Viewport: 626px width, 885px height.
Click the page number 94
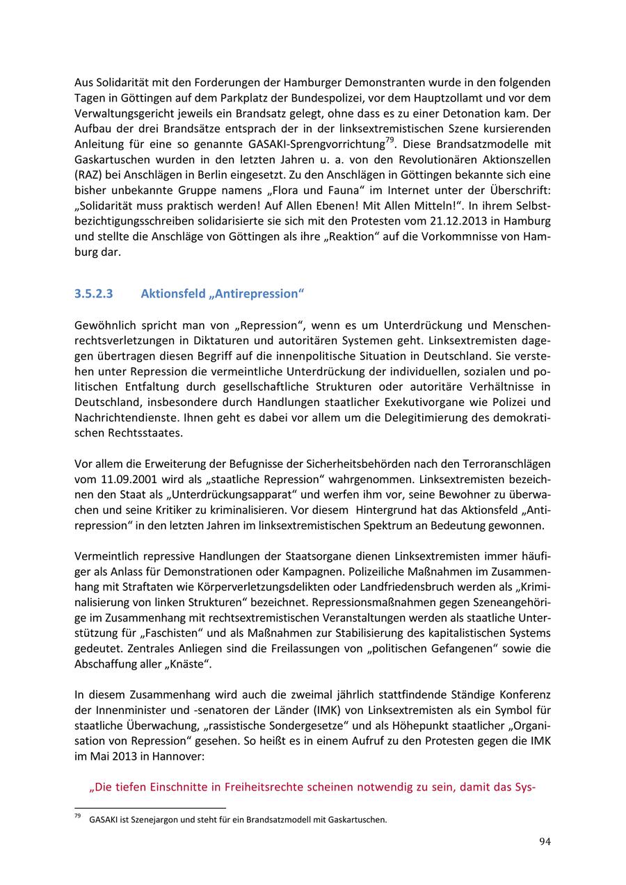click(x=545, y=842)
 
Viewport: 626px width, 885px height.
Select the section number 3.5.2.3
click(x=93, y=293)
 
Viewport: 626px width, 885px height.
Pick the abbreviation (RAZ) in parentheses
click(x=87, y=175)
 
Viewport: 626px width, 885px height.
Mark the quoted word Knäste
click(x=188, y=663)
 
